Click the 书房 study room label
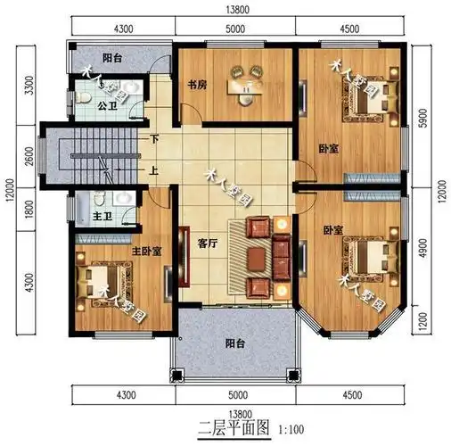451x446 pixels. click(197, 87)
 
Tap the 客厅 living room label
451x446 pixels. click(206, 241)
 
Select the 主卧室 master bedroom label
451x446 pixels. click(146, 252)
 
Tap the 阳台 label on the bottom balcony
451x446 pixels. click(234, 343)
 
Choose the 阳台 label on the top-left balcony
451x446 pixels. click(112, 59)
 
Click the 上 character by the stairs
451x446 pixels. click(154, 172)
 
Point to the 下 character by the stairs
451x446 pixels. click(154, 139)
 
